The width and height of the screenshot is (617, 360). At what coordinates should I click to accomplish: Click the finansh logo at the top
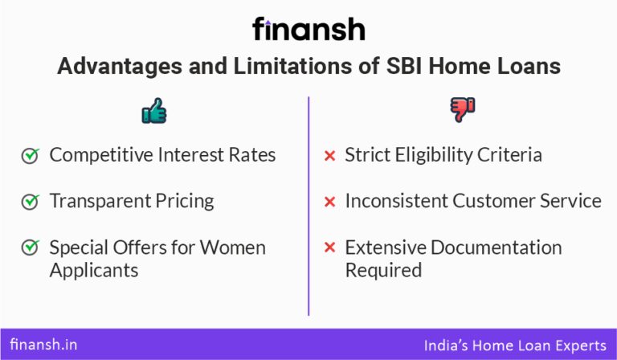(308, 30)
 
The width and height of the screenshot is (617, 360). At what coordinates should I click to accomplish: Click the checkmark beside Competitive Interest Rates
(30, 156)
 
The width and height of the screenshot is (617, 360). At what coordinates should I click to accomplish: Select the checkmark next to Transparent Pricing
(30, 202)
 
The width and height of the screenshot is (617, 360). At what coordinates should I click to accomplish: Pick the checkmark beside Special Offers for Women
(30, 247)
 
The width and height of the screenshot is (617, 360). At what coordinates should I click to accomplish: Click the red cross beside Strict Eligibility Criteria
(329, 156)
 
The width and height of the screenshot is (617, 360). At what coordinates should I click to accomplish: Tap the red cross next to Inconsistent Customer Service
(329, 202)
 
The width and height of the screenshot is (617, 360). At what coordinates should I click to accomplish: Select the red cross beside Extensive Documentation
(329, 247)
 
